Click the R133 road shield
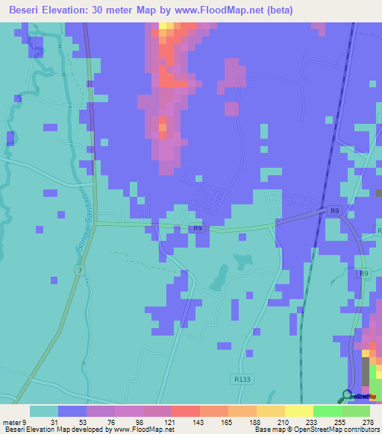click(242, 379)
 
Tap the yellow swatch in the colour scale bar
click(298, 412)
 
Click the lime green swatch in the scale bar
click(327, 412)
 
